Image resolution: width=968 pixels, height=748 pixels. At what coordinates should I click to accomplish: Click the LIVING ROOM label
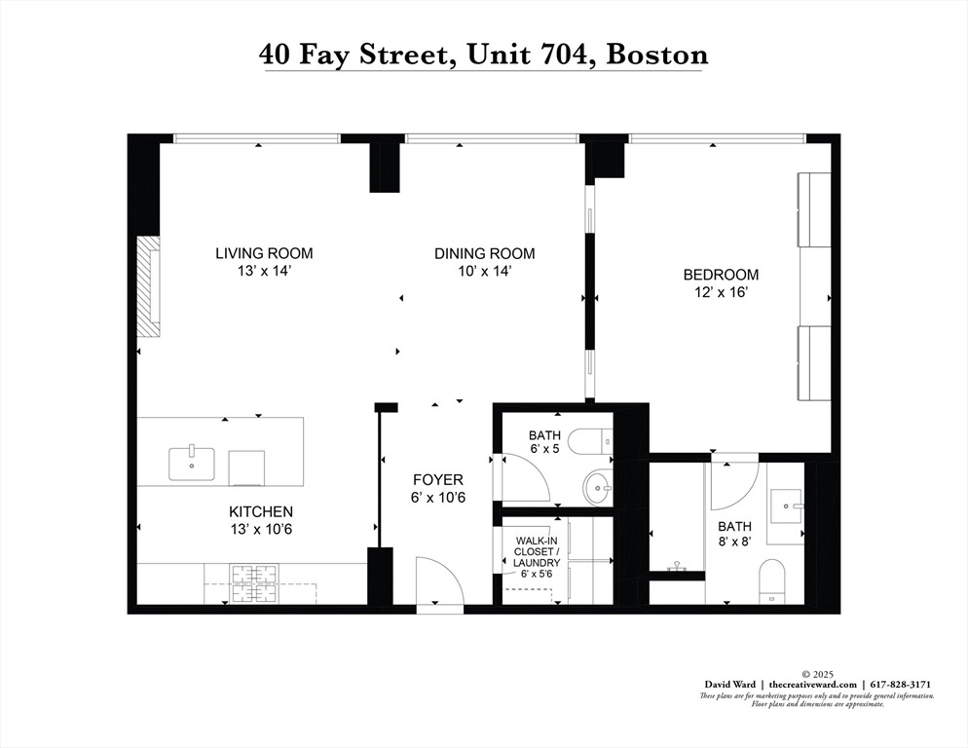point(264,253)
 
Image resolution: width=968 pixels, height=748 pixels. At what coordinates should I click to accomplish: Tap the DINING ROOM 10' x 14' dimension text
point(484,272)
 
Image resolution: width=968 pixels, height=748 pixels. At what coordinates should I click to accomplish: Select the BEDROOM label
point(720,275)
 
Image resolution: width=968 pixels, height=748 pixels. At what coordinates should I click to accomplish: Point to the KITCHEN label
point(260,511)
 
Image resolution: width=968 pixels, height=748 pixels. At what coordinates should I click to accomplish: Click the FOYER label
point(437,480)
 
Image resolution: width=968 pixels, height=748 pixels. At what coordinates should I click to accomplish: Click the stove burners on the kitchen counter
point(253,582)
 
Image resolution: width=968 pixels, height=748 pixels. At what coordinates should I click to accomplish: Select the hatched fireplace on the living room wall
point(148,286)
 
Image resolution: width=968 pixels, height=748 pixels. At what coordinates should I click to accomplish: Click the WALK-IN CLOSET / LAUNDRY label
point(537,552)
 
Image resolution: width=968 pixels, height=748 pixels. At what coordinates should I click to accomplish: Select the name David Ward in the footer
point(732,685)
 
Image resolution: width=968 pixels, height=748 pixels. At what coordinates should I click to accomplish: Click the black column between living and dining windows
point(386,168)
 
